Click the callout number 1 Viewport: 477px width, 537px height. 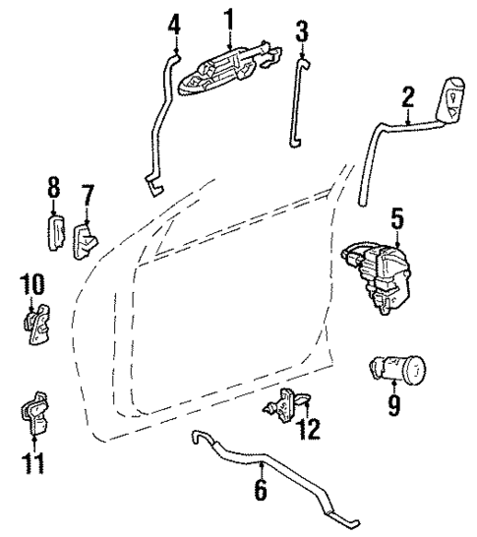tap(229, 18)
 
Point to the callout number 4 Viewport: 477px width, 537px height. tap(174, 21)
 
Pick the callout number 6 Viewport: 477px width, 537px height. tap(260, 489)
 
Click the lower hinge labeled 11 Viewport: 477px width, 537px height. tap(35, 413)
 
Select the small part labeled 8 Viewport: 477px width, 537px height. tap(55, 233)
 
